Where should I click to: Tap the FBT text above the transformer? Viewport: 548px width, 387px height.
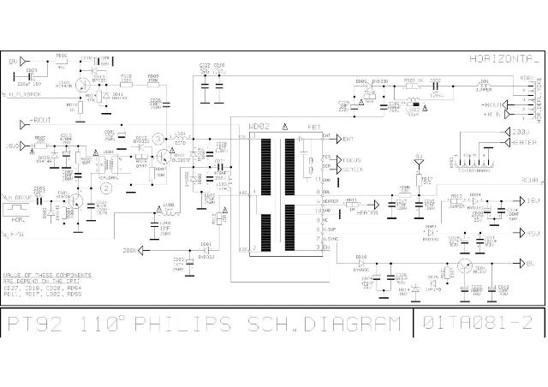click(314, 127)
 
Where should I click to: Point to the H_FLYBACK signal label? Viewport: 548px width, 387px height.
click(26, 93)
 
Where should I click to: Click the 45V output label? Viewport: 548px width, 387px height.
click(532, 233)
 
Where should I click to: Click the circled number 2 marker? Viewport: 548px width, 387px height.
click(106, 187)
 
